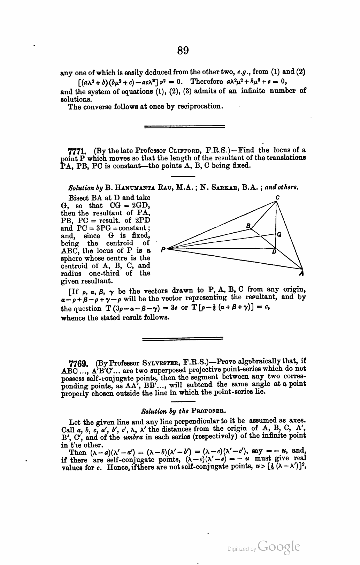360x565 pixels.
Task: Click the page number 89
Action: click(183, 51)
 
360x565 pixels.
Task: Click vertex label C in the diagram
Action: click(277, 197)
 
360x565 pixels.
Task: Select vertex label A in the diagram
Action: click(302, 274)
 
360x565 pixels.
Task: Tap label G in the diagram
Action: click(279, 234)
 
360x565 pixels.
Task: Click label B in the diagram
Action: click(248, 225)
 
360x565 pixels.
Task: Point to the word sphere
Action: click(71, 258)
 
